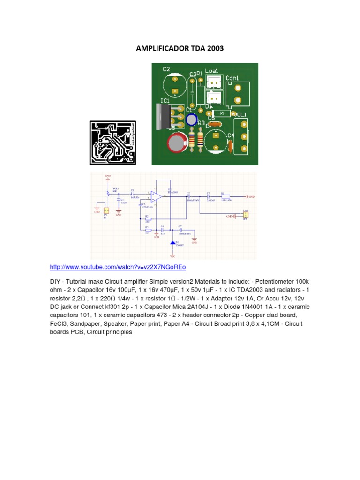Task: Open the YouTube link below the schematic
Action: coord(118,267)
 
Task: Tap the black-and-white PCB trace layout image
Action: coord(112,142)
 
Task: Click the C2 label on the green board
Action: coord(166,69)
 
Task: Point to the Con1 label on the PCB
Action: coord(232,78)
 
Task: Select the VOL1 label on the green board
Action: coord(240,114)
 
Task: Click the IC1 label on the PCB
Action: coord(165,101)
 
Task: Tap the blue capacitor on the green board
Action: coord(192,120)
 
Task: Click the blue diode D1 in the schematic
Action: coord(172,243)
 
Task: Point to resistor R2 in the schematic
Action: coord(148,219)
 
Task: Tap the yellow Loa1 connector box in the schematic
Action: coord(246,215)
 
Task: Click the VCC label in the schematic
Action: coord(172,257)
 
